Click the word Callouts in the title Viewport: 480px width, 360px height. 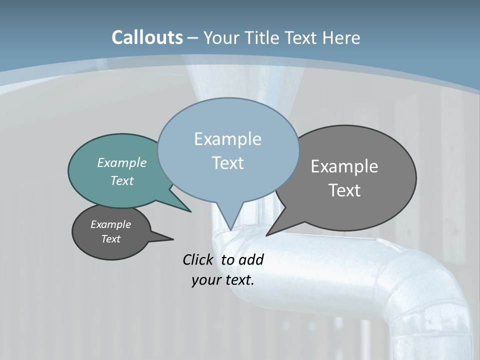tap(147, 37)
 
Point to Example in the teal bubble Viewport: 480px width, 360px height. tap(121, 162)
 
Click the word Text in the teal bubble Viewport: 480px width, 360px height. tap(121, 180)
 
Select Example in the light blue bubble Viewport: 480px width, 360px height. tap(227, 139)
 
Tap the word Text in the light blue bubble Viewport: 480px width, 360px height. tap(227, 163)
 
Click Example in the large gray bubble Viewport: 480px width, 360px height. tap(344, 166)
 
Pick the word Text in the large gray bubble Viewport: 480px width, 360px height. tap(344, 190)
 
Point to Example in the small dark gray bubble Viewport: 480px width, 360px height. tap(110, 224)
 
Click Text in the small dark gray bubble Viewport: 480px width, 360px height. tap(110, 239)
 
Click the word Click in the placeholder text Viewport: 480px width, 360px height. tap(198, 259)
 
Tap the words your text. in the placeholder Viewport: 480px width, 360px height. tap(223, 280)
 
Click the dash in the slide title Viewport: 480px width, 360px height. tap(192, 37)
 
